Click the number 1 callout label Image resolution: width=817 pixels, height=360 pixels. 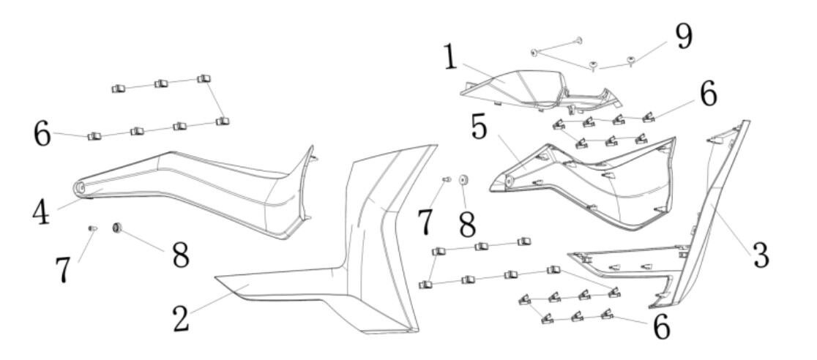click(450, 59)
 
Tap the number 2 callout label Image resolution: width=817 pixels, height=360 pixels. click(181, 318)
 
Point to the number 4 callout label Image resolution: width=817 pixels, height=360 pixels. click(41, 212)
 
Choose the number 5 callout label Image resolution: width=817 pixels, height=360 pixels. click(480, 127)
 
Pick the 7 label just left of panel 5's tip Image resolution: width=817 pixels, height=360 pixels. click(425, 221)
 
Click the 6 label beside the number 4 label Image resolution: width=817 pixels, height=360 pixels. click(42, 134)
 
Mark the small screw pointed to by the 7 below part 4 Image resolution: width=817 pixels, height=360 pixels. click(92, 228)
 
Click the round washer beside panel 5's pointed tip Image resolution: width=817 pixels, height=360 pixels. click(463, 180)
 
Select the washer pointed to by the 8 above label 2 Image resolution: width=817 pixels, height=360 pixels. click(117, 227)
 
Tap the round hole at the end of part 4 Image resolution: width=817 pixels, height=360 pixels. click(80, 188)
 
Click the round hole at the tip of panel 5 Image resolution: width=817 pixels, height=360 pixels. click(508, 180)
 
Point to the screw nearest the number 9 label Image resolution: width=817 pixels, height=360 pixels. click(631, 61)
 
